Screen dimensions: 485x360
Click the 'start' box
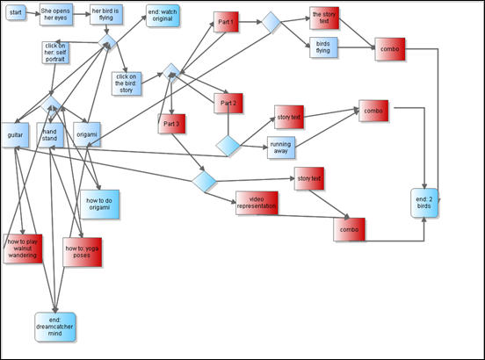[16, 12]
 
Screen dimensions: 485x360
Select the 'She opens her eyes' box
[56, 15]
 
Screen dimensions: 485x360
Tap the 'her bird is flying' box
[106, 15]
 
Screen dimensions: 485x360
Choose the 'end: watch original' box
[163, 16]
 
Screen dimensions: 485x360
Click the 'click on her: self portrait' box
[55, 53]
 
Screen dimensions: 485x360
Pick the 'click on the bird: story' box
[127, 83]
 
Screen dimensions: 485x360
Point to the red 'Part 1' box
[226, 22]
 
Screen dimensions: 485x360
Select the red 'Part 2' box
[228, 103]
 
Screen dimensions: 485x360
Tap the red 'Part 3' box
[171, 124]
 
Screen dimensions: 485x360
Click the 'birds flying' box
[323, 47]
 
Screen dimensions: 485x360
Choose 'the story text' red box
[324, 18]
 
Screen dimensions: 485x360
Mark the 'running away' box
[281, 148]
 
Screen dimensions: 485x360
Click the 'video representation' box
[257, 203]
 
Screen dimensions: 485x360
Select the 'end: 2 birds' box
[424, 203]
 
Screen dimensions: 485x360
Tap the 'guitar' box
[16, 135]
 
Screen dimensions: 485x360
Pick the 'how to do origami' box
[99, 205]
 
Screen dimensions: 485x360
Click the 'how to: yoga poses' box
[82, 252]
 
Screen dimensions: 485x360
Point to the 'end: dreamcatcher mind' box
[55, 327]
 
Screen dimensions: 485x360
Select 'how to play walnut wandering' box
[23, 248]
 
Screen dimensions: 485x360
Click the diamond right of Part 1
[271, 22]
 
